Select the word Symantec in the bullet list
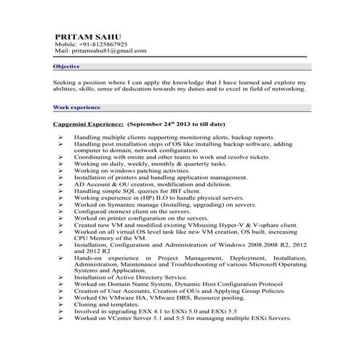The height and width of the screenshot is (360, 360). [x=127, y=205]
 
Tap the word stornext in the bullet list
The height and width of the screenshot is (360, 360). [x=120, y=212]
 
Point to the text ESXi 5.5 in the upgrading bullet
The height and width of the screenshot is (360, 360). [x=221, y=311]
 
